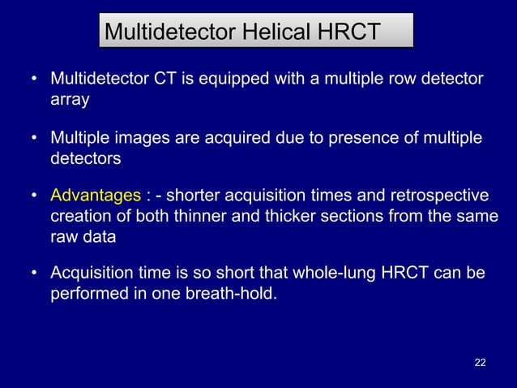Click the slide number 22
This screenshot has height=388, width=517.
tap(480, 361)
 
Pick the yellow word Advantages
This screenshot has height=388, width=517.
tap(96, 196)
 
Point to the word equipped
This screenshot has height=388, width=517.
tap(252, 80)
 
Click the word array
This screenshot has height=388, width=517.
tap(70, 101)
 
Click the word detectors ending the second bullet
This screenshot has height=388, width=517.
tap(85, 159)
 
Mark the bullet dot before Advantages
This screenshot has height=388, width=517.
tap(34, 197)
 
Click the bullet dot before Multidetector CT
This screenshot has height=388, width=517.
tap(34, 80)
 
